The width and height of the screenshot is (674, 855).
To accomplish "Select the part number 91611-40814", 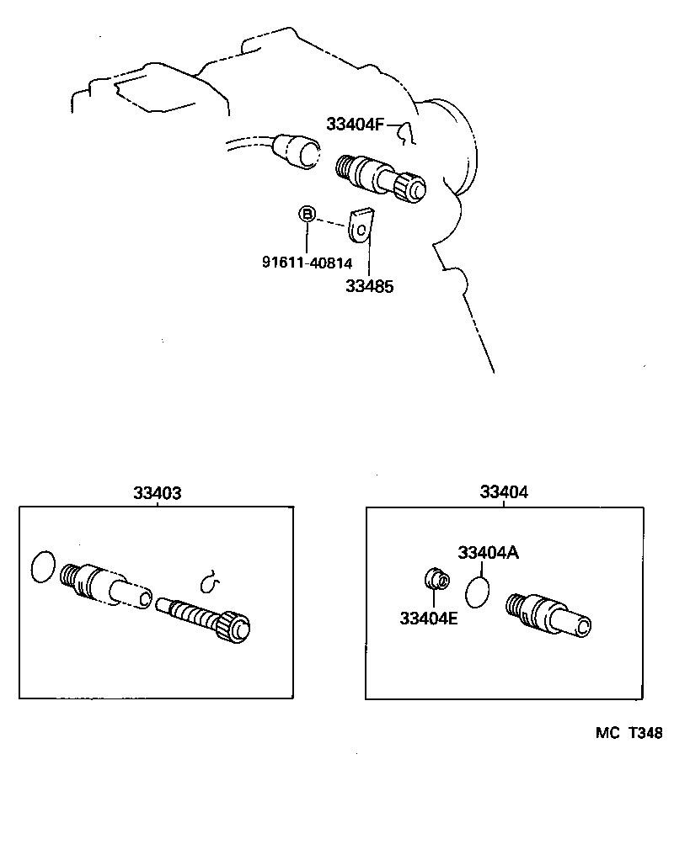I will pos(307,262).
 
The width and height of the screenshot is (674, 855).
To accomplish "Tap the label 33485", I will pos(369,286).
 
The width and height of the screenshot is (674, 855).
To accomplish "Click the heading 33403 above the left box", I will pos(157,493).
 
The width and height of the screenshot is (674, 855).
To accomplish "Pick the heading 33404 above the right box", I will pos(504,493).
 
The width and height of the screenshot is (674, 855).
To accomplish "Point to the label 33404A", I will pos(489,553).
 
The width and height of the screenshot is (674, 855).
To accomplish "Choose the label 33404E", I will pos(430,619).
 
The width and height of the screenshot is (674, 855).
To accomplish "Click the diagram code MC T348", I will pos(629,733).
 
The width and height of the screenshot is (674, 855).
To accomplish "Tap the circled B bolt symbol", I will pos(308,215).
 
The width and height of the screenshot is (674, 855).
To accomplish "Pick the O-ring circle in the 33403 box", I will pos(43,566).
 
